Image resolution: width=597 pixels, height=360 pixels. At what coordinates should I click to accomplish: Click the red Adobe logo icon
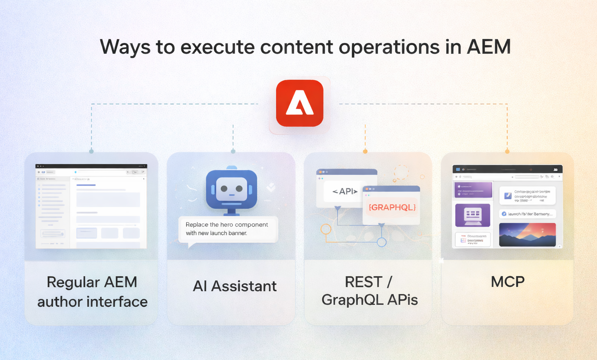pos(299,103)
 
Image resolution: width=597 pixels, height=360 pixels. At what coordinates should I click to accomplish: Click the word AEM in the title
pos(488,47)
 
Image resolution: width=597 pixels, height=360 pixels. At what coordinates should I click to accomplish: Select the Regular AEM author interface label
pos(92,292)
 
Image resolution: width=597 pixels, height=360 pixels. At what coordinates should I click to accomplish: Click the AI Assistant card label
pos(235,286)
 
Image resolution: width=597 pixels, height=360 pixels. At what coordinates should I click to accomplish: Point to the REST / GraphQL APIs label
pos(369,291)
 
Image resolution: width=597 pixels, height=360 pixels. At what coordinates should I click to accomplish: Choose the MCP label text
pos(507,282)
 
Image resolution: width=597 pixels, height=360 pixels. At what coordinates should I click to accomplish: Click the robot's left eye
pos(224,189)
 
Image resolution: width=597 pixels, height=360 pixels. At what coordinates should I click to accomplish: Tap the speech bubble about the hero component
pos(228,229)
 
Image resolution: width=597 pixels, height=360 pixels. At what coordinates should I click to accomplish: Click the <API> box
pos(345,191)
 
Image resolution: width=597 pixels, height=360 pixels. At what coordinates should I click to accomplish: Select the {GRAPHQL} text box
pos(392,207)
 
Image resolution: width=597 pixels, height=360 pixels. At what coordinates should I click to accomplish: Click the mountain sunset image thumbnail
pos(527,235)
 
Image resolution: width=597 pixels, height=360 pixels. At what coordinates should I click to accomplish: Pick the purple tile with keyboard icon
pos(473,215)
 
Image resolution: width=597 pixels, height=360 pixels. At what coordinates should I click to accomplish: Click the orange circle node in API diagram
pos(326,229)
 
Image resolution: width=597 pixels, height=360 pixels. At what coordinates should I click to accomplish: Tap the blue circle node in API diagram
pos(381,242)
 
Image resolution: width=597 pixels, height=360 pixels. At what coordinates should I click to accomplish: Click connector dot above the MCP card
pos(507,152)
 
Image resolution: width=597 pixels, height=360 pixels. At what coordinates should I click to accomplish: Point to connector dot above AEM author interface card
pos(91,152)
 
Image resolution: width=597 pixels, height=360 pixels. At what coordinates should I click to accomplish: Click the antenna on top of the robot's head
pos(231,168)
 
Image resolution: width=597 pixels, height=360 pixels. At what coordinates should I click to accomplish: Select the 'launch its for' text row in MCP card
pos(527,214)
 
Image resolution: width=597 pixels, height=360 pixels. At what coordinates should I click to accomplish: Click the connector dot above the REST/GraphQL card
pos(365,152)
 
